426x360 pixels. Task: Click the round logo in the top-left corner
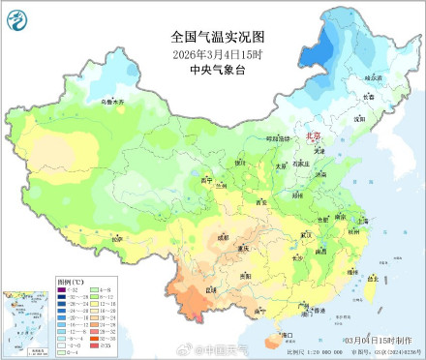(18, 16)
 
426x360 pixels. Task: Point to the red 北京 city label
(313, 138)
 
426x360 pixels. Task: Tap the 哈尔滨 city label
(374, 76)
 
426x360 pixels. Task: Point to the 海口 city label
(288, 335)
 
